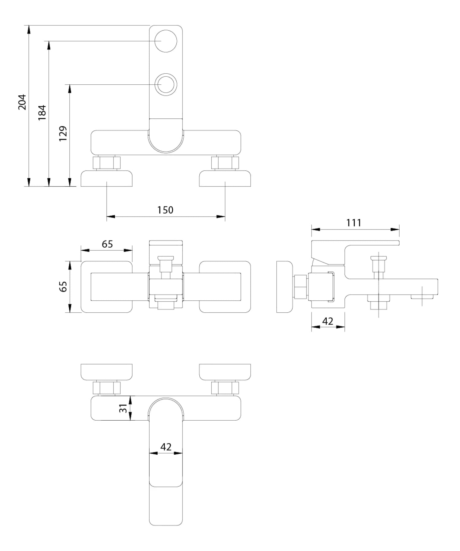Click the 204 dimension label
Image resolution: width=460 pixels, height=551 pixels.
[x=22, y=102]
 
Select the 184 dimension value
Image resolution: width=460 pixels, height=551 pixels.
[x=42, y=112]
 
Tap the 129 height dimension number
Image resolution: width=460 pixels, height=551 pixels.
[x=63, y=133]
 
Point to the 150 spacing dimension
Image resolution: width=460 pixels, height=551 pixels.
[x=165, y=210]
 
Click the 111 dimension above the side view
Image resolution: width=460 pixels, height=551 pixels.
[x=354, y=223]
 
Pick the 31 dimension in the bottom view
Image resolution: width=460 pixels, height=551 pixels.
[x=123, y=408]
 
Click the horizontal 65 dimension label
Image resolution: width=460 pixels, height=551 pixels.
[x=107, y=244]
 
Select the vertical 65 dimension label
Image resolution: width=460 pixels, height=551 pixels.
[x=63, y=287]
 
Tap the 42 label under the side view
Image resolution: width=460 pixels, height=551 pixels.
[x=328, y=321]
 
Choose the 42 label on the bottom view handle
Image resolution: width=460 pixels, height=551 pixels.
[x=166, y=447]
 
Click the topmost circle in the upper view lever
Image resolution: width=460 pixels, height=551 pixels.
[x=166, y=41]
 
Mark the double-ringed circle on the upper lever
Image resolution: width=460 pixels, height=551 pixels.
[x=166, y=84]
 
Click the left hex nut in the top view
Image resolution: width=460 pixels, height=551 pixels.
[x=106, y=163]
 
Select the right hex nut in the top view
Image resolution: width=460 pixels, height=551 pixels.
[x=225, y=163]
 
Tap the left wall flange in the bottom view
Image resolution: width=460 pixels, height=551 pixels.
[x=106, y=372]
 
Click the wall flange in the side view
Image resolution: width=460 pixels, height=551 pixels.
[x=284, y=287]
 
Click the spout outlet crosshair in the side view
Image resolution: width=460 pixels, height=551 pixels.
[x=422, y=296]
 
